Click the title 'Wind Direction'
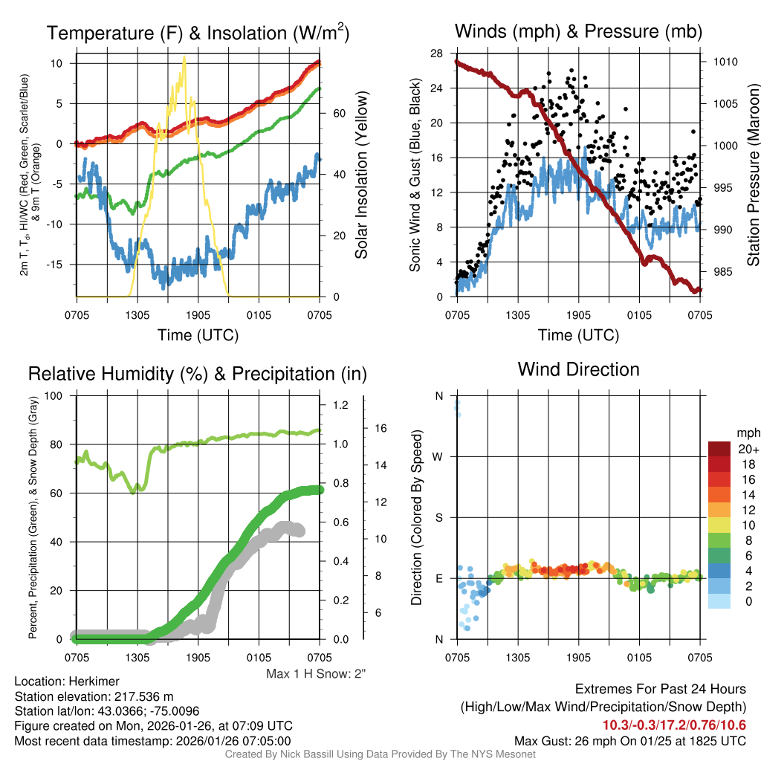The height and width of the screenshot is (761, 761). (578, 369)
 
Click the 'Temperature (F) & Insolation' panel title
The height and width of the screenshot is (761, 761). (198, 33)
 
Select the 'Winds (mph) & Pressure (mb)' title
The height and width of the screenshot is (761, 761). (578, 31)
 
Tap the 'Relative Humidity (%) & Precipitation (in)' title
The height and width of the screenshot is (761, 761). (198, 374)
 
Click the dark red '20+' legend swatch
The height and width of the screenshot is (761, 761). (719, 449)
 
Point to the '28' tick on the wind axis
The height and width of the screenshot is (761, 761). (436, 53)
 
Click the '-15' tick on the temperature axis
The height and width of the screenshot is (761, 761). (61, 265)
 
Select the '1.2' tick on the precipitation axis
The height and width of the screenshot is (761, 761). (340, 406)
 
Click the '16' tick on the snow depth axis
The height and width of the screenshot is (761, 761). (382, 428)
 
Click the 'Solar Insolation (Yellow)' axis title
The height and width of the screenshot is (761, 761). (362, 175)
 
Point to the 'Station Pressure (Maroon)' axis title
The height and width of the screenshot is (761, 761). (752, 175)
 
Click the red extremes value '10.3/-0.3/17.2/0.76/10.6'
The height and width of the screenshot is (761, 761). (674, 725)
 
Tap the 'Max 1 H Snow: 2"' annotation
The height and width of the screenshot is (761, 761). (316, 673)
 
